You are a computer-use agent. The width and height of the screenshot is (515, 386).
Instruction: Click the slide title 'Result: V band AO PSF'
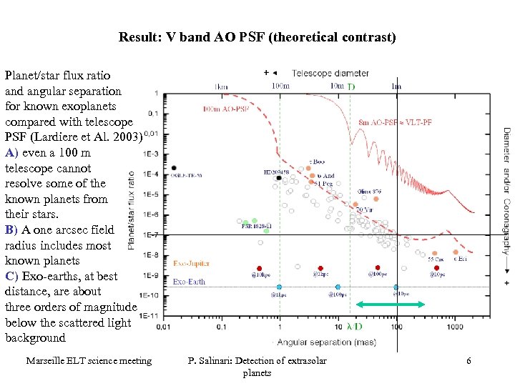click(x=257, y=37)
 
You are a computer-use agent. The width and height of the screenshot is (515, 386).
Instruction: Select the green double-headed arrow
click(x=391, y=305)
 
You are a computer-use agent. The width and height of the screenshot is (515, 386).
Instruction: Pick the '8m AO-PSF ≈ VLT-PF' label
click(x=395, y=122)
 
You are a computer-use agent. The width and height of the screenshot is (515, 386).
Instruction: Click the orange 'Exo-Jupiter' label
click(x=192, y=264)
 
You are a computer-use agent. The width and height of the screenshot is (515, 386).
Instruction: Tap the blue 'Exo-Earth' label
click(x=189, y=282)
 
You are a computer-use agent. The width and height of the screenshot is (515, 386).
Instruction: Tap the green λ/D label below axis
click(x=354, y=327)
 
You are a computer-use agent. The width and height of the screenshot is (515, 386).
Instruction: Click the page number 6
click(x=469, y=361)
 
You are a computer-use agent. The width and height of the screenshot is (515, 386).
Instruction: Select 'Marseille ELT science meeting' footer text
click(x=89, y=361)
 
